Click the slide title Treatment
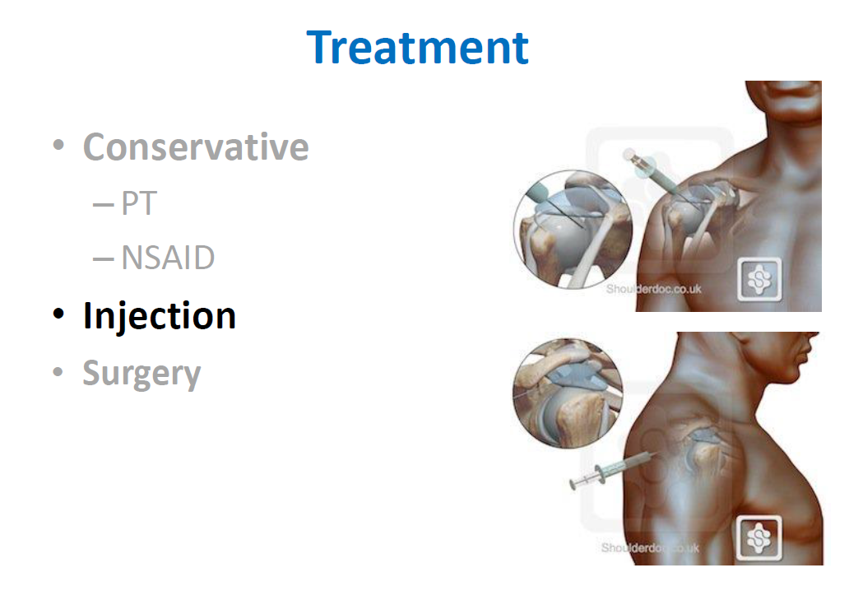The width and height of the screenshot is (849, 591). click(x=417, y=48)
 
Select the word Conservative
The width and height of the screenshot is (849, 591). click(x=196, y=147)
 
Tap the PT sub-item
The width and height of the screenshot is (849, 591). click(x=139, y=203)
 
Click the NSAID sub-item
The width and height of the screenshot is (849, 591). click(x=168, y=258)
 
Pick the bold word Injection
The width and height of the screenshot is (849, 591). click(x=160, y=316)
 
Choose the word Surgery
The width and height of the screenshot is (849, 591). click(x=141, y=374)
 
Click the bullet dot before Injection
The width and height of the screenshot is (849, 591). click(x=58, y=314)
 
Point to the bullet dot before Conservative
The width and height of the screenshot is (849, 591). click(x=58, y=145)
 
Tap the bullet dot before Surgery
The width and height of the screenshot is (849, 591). click(x=58, y=371)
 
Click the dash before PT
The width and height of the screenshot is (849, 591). click(x=104, y=205)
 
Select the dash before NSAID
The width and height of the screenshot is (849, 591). click(x=104, y=259)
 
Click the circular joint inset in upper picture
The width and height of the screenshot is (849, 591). click(x=573, y=229)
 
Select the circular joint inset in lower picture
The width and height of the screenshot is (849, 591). click(x=568, y=393)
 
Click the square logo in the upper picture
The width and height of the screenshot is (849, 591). click(x=759, y=280)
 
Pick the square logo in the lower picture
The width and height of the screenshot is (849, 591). click(x=759, y=538)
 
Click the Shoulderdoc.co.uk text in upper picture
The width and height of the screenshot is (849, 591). click(x=653, y=289)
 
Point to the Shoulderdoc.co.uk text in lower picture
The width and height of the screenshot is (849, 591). click(x=650, y=547)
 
